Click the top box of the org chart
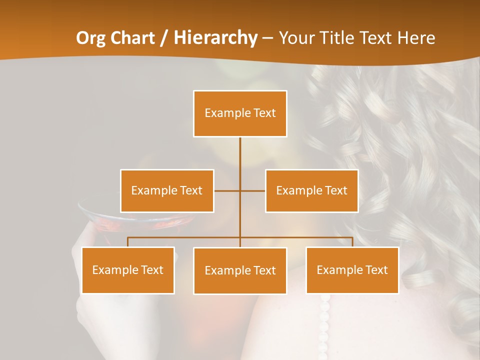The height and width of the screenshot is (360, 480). pyautogui.click(x=240, y=113)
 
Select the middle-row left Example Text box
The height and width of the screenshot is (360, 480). pyautogui.click(x=167, y=190)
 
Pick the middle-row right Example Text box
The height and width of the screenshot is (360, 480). pyautogui.click(x=311, y=190)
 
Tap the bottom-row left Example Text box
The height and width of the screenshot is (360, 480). pyautogui.click(x=128, y=270)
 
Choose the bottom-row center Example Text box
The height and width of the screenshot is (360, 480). pyautogui.click(x=240, y=270)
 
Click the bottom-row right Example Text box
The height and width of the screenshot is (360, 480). pyautogui.click(x=352, y=270)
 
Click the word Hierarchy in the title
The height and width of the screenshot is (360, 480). pyautogui.click(x=215, y=38)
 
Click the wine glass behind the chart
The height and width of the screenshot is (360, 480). pyautogui.click(x=100, y=215)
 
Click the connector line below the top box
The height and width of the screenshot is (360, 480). pyautogui.click(x=240, y=155)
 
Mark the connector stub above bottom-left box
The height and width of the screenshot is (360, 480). pyautogui.click(x=128, y=242)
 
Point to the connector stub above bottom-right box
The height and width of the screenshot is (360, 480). pyautogui.click(x=352, y=242)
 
